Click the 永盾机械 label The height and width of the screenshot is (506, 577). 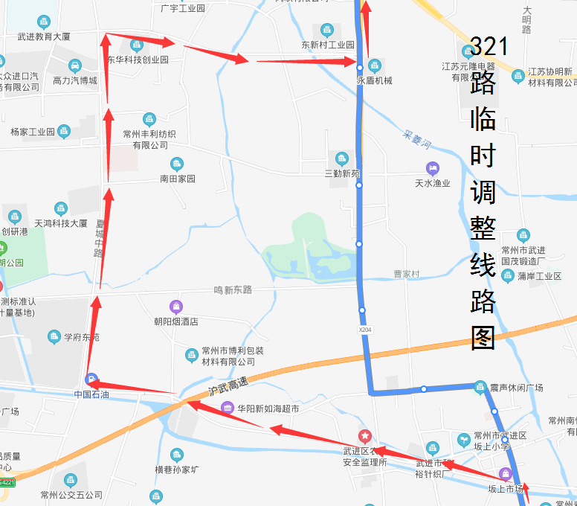coord(375,80)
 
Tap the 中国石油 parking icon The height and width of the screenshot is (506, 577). coord(91,379)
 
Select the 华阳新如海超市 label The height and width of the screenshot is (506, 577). coord(268,409)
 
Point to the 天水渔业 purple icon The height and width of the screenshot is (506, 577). coord(433,168)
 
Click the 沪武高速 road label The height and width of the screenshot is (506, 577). coord(228,386)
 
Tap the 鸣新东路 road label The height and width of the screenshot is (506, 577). coord(233,289)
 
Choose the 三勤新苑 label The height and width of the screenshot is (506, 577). coord(341,173)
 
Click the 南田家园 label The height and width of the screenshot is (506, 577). coord(177,179)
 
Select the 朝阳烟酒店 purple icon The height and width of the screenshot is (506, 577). coord(175,306)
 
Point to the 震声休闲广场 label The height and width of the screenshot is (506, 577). coord(516,388)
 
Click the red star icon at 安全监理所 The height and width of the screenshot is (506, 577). coord(364,435)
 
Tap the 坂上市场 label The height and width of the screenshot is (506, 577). coord(506,489)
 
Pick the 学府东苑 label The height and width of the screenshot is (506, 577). coord(81,337)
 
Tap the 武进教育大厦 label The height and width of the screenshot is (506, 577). coord(44,36)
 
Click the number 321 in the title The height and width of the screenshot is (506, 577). coord(489,46)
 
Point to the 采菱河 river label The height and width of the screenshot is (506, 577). coord(417,137)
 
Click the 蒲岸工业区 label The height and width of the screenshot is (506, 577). coord(539,276)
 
